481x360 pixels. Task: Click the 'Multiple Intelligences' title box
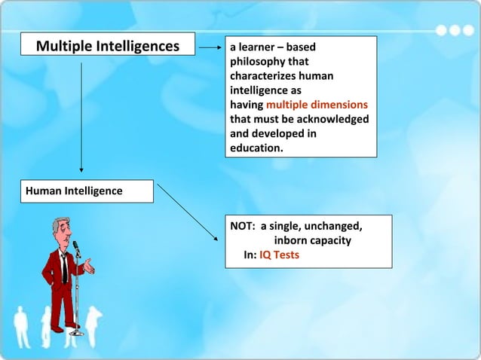[x=108, y=47]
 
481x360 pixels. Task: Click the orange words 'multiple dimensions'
[x=317, y=105]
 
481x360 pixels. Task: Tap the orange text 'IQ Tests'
[x=279, y=255]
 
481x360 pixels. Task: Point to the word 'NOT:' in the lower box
[x=243, y=226]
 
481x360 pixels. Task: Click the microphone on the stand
[x=75, y=247]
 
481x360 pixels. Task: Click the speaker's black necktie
[x=65, y=267]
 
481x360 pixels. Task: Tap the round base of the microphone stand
[x=76, y=332]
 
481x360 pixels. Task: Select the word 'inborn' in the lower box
[x=290, y=240]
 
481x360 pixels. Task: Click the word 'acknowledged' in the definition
[x=335, y=119]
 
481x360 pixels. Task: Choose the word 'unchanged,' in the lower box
[x=332, y=226]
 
